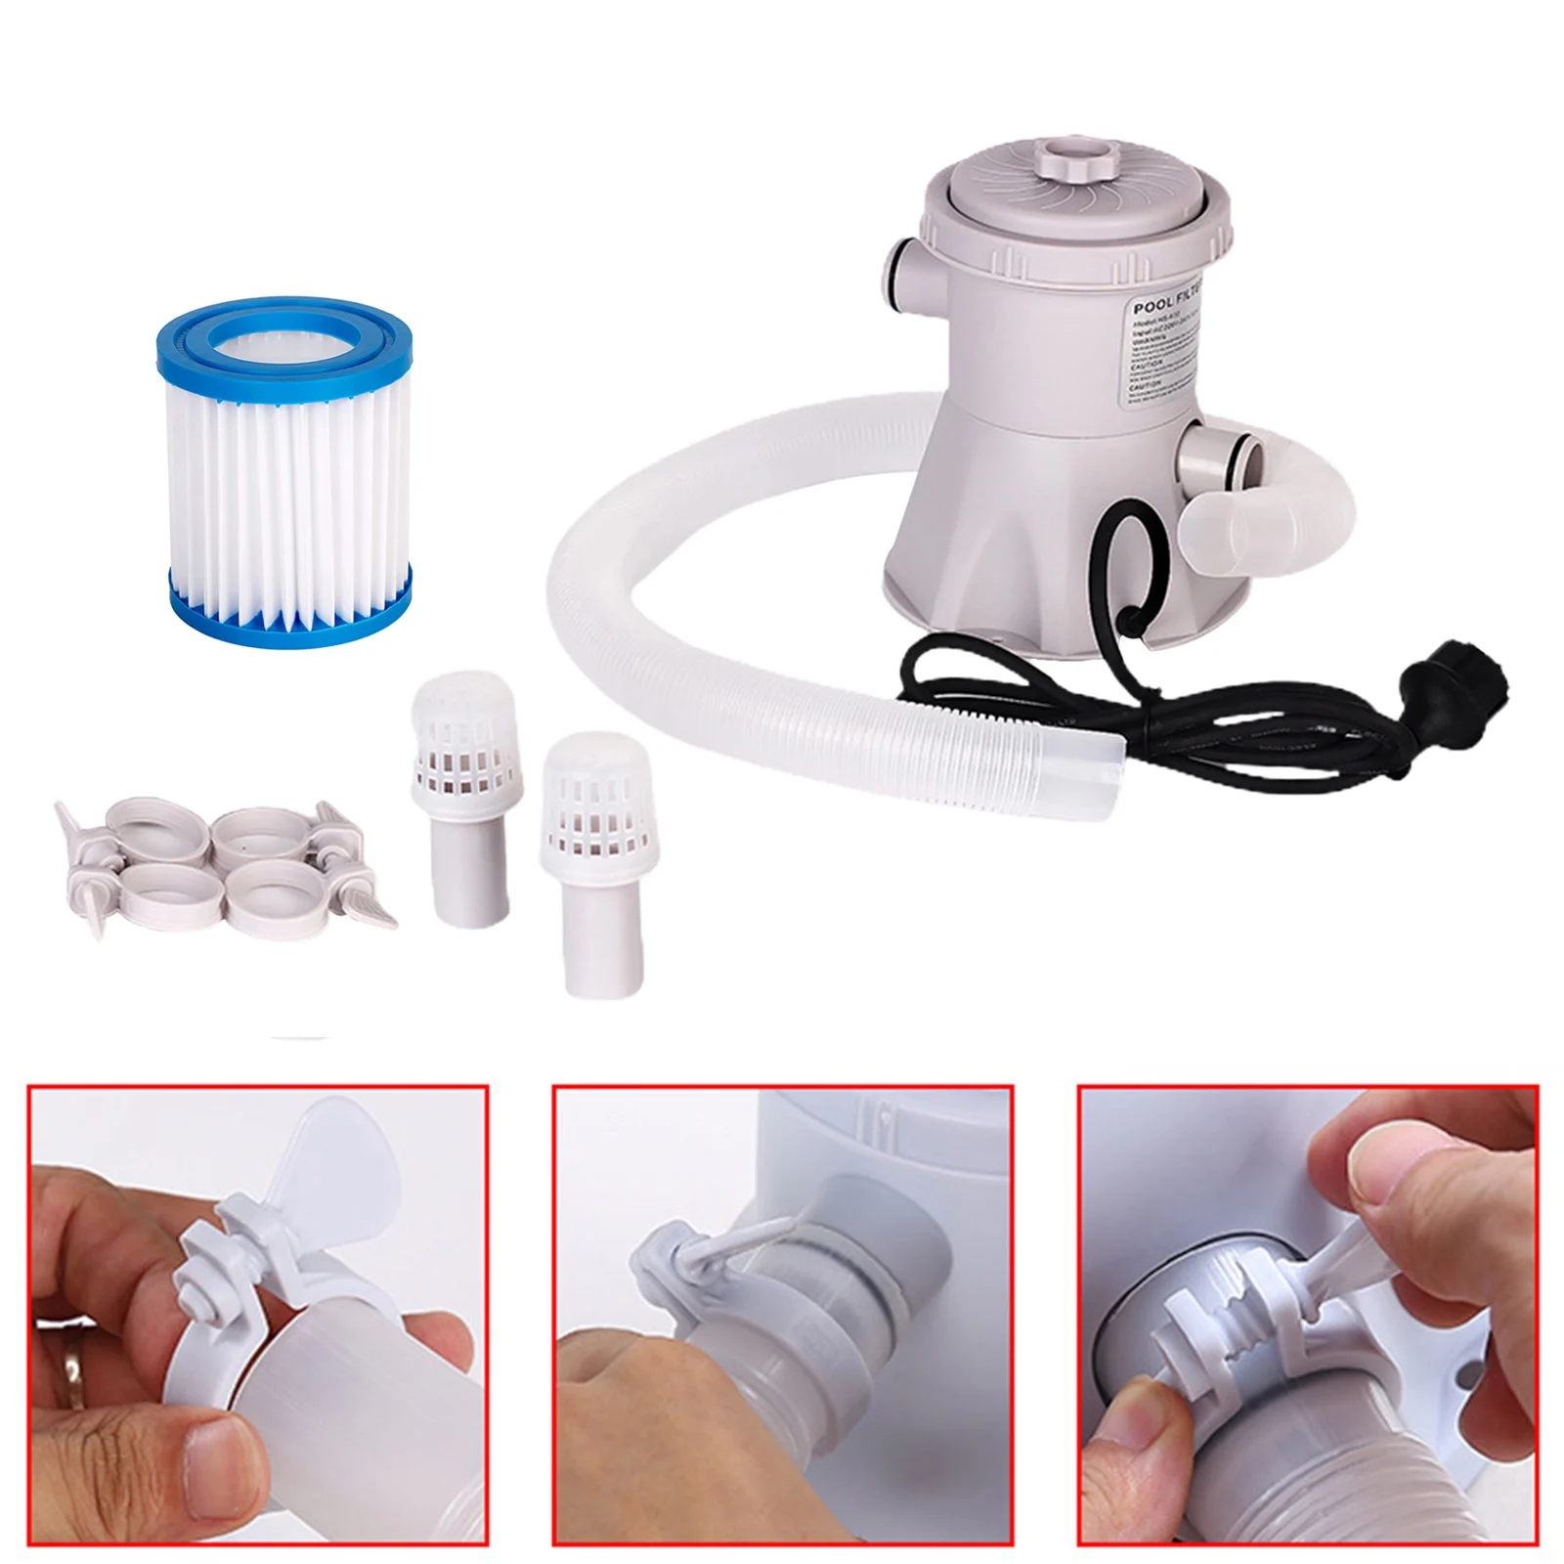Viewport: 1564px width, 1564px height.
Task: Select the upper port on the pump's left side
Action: pos(904,279)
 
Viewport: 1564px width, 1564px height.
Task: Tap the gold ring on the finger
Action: pos(73,1364)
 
